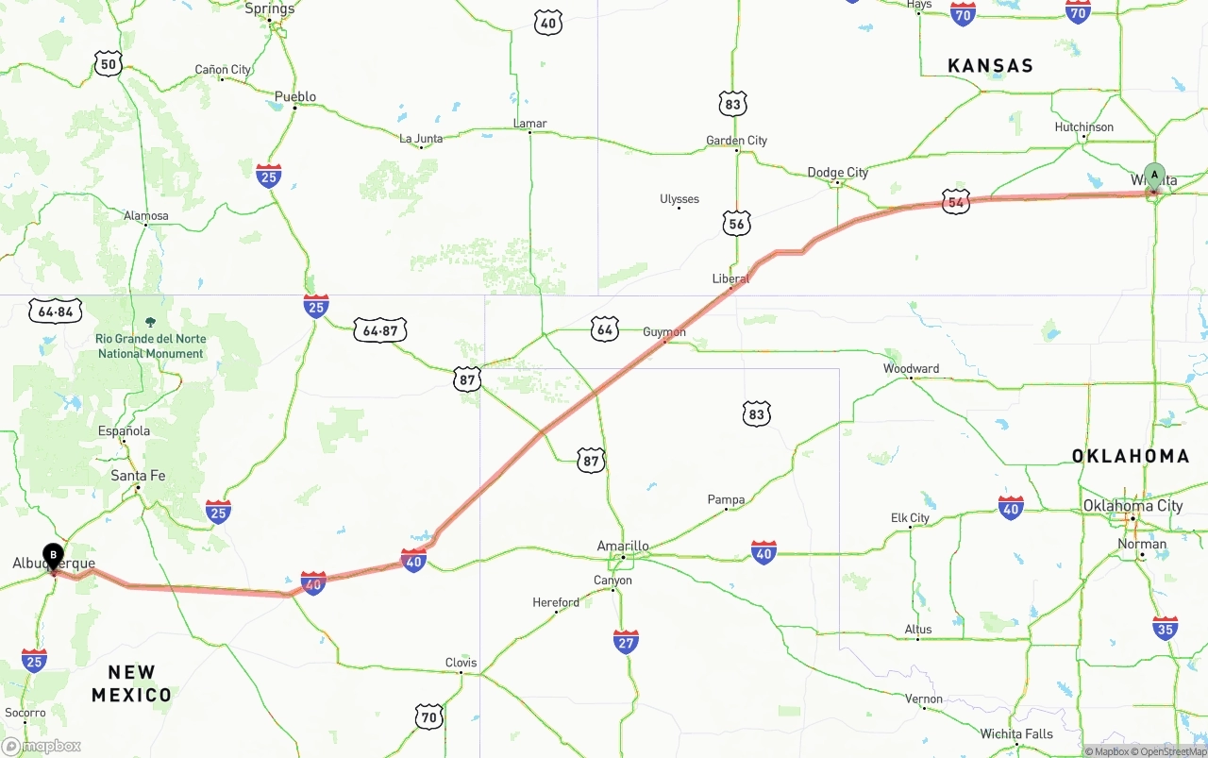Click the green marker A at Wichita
coord(1154,177)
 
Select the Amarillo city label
coord(623,546)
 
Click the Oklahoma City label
coord(1132,506)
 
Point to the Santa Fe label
coord(138,476)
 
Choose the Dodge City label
coord(837,173)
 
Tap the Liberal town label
coord(730,278)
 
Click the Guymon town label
coord(664,332)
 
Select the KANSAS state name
coord(990,66)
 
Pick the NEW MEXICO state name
coord(132,684)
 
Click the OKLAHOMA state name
coord(1131,456)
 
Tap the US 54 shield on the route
coord(956,201)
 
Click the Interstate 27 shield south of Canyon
coord(626,642)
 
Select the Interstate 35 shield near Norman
coord(1166,628)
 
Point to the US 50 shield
coord(109,64)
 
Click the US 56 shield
coord(736,223)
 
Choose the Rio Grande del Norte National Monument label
coord(150,346)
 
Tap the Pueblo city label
coord(295,96)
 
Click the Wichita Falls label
coord(1015,733)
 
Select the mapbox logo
coord(42,746)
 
